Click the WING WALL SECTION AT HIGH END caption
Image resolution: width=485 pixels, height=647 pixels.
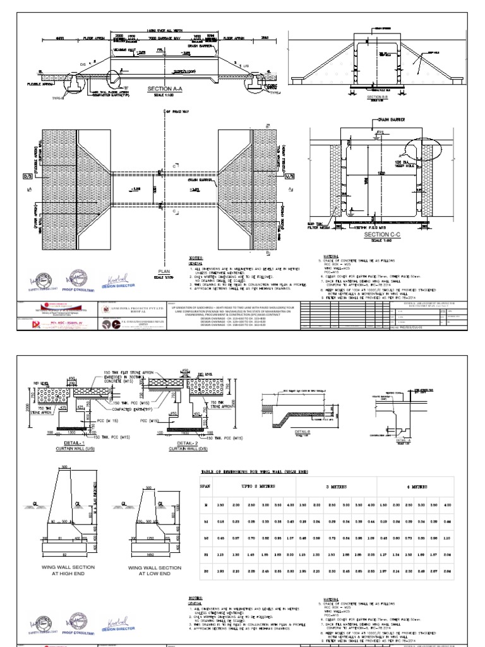(69, 571)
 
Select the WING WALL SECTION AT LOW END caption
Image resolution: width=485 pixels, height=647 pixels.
(151, 571)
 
